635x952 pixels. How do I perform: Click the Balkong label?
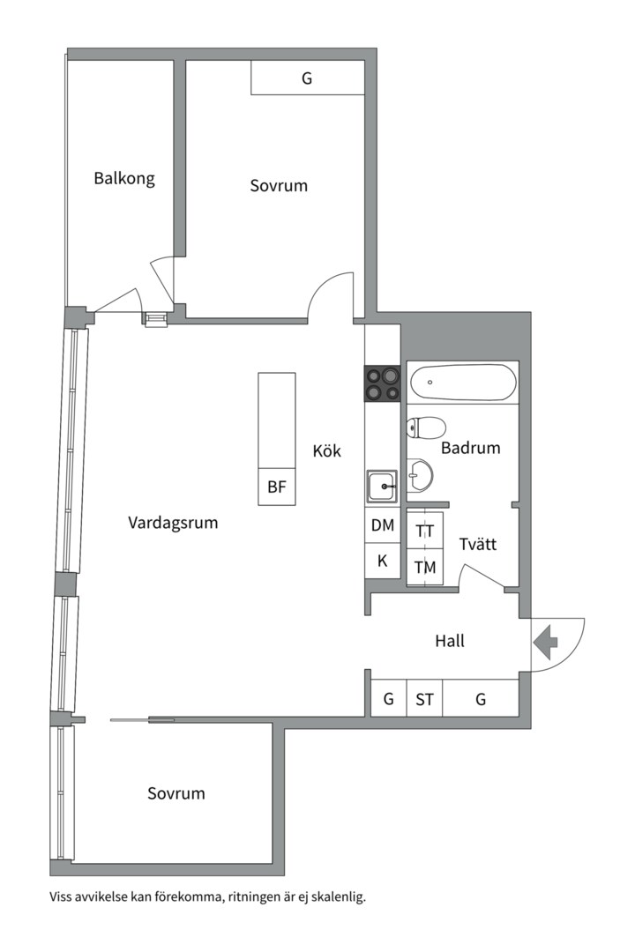click(124, 179)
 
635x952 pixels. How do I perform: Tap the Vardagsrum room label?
click(173, 523)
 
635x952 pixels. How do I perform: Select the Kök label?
click(326, 451)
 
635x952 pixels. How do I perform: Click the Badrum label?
click(470, 448)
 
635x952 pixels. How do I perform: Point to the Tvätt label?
click(477, 545)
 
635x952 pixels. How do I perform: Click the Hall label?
click(450, 641)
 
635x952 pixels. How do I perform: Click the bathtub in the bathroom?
click(461, 383)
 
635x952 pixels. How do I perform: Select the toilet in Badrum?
click(425, 428)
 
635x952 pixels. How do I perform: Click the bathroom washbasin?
click(419, 476)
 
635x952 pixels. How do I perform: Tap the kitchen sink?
click(383, 484)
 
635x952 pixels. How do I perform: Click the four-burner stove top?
click(383, 383)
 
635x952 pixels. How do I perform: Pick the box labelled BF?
click(277, 489)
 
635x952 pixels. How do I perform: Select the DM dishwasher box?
click(383, 525)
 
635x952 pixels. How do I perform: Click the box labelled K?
click(383, 561)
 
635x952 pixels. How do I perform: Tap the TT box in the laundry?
click(425, 532)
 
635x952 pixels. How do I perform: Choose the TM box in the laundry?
click(425, 568)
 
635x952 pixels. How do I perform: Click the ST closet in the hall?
click(424, 700)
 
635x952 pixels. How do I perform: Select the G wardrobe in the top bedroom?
click(307, 78)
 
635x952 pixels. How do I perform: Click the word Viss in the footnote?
click(63, 897)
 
